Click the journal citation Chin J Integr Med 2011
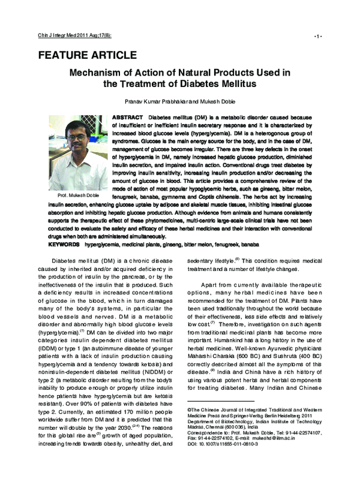pos(60,36)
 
